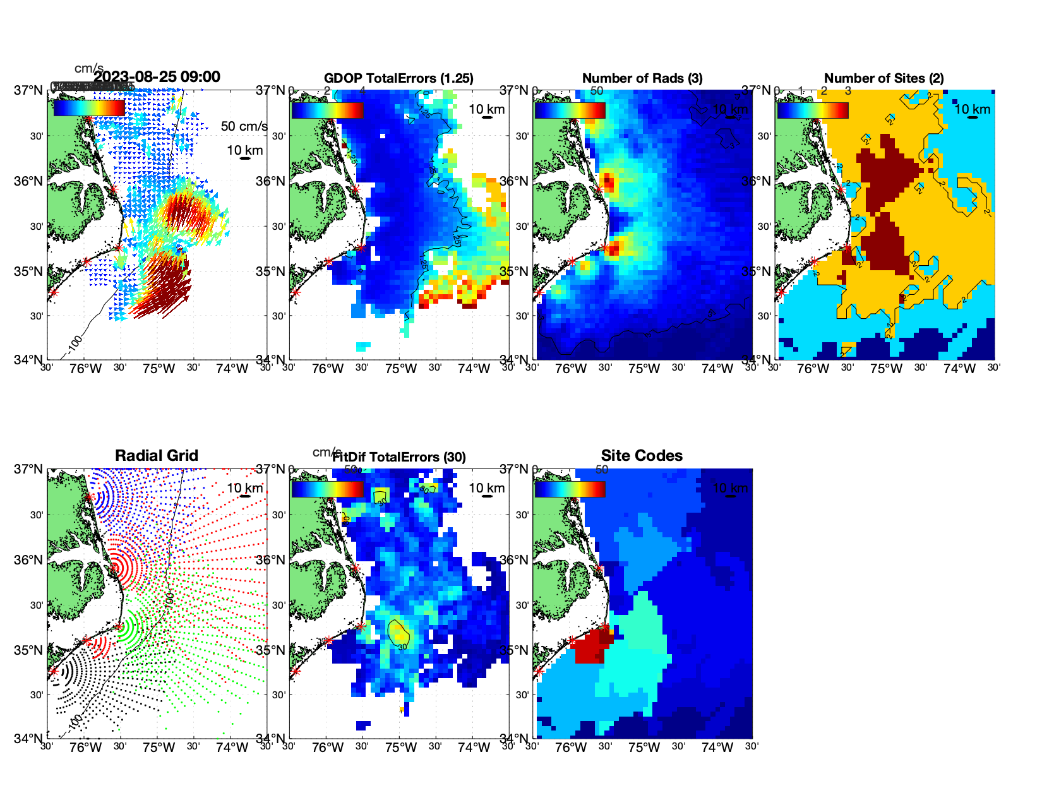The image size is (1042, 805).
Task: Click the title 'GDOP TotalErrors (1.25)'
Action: coord(398,78)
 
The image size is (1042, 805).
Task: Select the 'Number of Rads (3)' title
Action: coord(642,78)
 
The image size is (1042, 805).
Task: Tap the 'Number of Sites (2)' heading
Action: coord(884,78)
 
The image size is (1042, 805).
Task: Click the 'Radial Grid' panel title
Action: coord(157,456)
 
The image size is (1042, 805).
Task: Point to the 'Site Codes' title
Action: coord(642,456)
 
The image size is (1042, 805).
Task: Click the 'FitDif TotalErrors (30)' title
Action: coord(399,457)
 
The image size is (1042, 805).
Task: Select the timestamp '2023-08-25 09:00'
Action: coord(157,77)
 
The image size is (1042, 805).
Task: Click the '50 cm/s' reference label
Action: coord(244,126)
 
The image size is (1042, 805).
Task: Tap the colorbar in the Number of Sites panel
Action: coord(813,110)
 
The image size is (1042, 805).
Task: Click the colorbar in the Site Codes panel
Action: coord(570,489)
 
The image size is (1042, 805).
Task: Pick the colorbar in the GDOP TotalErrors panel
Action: coord(327,110)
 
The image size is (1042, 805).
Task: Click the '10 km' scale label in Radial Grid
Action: coord(244,488)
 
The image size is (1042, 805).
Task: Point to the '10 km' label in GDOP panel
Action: coord(486,109)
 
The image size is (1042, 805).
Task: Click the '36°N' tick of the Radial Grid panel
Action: coord(29,560)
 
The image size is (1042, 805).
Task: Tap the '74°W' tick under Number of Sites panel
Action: coord(959,369)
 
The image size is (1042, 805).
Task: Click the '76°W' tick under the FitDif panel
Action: coord(328,748)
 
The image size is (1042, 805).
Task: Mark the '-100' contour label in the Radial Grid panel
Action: coord(75,720)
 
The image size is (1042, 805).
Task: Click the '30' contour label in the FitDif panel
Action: coord(402,647)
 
